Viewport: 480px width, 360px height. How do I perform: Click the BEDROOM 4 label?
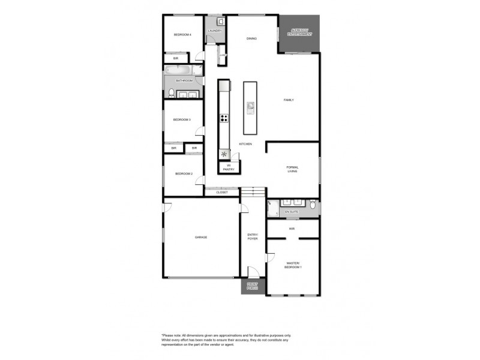tap(182, 35)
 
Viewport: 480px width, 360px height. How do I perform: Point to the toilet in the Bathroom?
tap(171, 92)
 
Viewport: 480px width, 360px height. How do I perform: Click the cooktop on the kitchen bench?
tap(224, 118)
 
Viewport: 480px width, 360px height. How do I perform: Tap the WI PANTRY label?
tap(229, 168)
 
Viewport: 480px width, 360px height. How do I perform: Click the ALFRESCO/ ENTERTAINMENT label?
tap(300, 32)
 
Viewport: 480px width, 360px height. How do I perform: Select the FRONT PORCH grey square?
tap(253, 287)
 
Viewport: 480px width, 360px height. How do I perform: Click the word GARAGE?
tap(200, 237)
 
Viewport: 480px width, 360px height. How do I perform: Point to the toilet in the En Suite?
tap(313, 206)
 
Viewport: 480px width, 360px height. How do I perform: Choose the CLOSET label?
tap(222, 193)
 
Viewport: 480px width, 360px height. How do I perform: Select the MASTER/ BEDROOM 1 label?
tap(293, 265)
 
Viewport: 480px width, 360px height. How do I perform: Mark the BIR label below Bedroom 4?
tap(176, 58)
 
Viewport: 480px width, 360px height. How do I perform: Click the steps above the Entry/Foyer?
tap(253, 191)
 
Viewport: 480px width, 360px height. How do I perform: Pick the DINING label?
tap(251, 38)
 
